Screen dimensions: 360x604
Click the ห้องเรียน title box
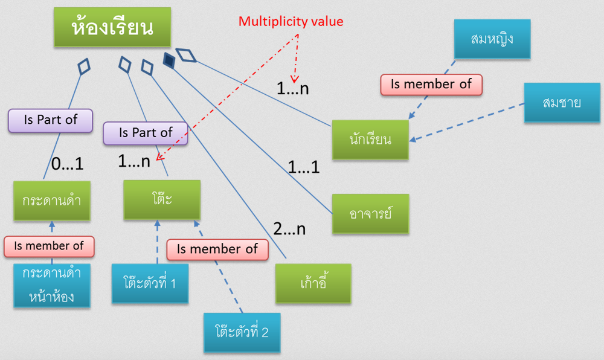[x=112, y=27]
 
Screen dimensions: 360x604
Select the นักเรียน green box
[x=370, y=140]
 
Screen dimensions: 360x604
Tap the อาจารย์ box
[x=370, y=214]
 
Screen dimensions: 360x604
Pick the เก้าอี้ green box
[x=313, y=283]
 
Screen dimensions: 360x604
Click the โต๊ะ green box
[x=161, y=200]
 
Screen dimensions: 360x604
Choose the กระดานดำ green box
[x=52, y=201]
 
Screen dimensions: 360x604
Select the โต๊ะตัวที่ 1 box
[x=149, y=283]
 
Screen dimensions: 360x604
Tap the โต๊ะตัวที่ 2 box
[x=242, y=332]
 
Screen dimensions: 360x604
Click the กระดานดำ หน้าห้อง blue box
[x=52, y=285]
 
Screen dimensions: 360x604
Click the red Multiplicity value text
[x=291, y=22]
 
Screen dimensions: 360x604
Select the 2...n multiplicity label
[x=289, y=229]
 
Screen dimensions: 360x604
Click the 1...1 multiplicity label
[x=303, y=167]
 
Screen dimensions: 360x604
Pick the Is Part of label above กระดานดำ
[x=50, y=120]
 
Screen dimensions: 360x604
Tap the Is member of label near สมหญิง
[x=431, y=84]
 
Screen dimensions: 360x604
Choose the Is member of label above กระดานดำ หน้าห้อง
[x=49, y=246]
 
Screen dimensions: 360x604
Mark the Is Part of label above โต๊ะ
[x=146, y=133]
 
